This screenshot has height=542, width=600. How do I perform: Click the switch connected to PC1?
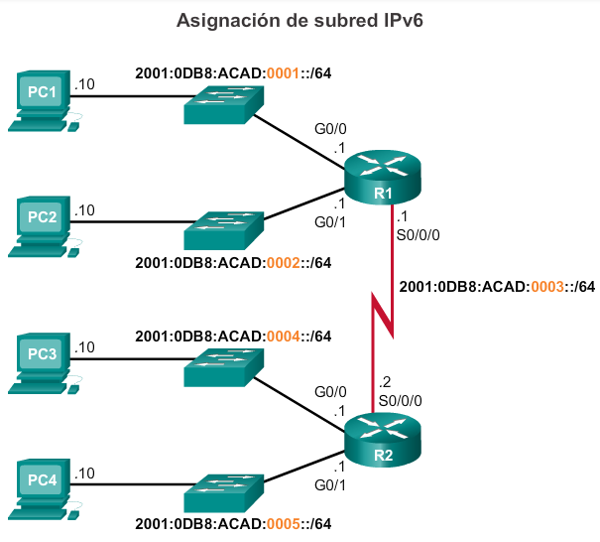223,102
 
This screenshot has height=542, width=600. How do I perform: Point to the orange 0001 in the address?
280,73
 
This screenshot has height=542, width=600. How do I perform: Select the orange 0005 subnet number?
280,524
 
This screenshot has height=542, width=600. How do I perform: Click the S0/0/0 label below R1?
418,237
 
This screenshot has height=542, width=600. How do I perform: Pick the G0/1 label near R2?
328,485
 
